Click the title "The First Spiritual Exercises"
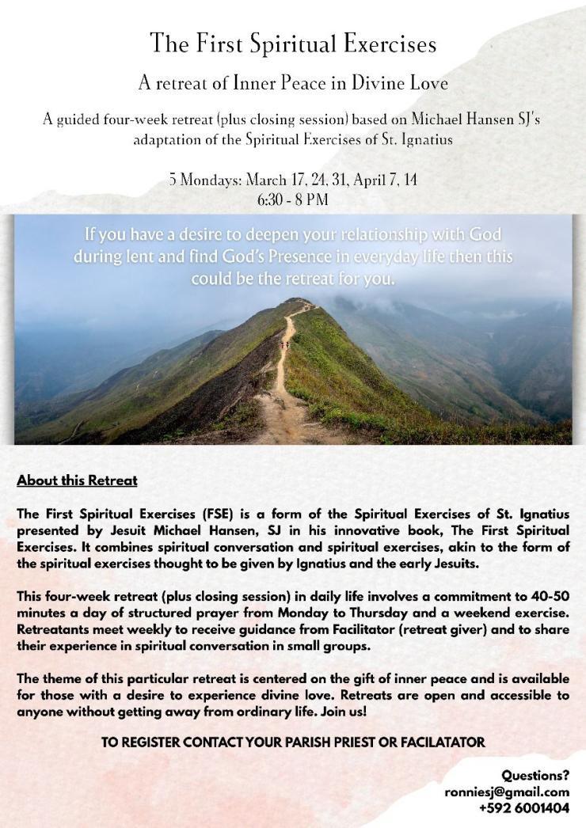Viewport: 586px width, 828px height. click(293, 44)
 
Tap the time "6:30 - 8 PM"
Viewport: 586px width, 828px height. click(292, 199)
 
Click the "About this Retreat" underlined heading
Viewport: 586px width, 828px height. click(77, 480)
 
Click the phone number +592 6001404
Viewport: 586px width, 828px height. click(523, 808)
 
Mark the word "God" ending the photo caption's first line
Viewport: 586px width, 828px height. click(484, 235)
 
